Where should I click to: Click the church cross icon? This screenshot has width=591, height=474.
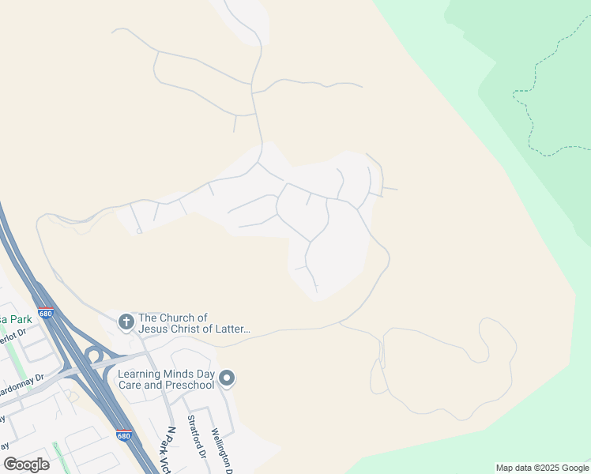tap(125, 322)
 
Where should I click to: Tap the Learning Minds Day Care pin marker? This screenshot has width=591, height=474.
tap(227, 379)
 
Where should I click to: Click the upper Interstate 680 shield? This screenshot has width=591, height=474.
tap(46, 314)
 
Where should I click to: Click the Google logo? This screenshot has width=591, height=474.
tap(26, 464)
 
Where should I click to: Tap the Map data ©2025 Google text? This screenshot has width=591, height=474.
tap(543, 468)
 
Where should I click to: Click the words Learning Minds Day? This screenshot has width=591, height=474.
tap(166, 374)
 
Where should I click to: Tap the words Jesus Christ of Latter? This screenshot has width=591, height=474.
tap(194, 329)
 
